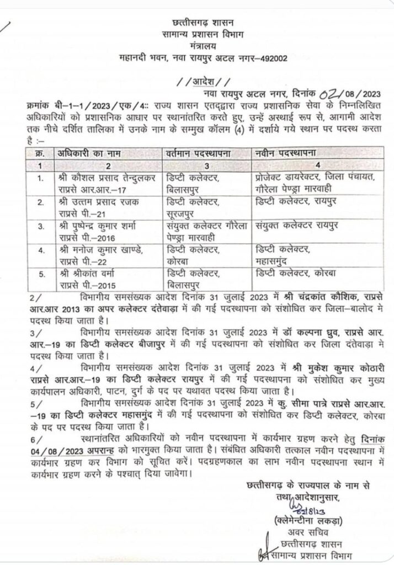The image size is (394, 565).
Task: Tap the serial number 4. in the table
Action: point(39,252)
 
